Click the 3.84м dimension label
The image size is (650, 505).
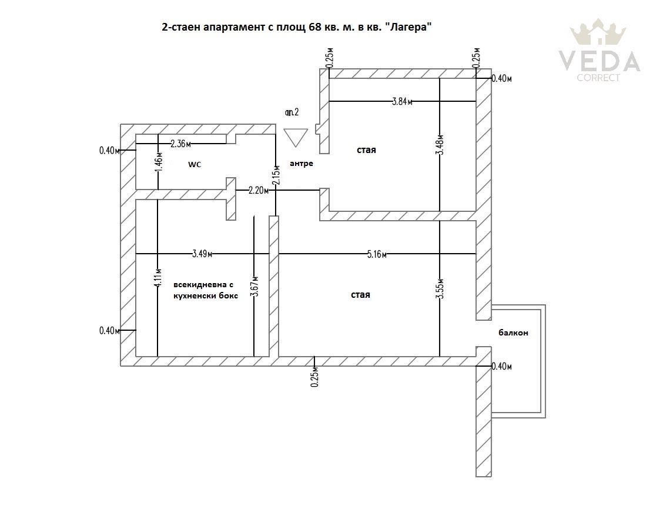point(402,101)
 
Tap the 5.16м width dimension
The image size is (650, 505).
point(377,254)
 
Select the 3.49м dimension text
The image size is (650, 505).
point(202,254)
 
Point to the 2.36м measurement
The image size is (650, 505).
point(181,144)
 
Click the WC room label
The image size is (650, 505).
point(195,165)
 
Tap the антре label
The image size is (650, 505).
point(301,164)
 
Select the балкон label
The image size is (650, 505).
point(513,333)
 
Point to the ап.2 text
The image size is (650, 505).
point(292,112)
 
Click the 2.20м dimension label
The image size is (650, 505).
point(259,191)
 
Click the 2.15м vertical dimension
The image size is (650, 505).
point(277,175)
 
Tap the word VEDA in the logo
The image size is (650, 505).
point(599,61)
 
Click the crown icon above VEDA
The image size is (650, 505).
point(598,32)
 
